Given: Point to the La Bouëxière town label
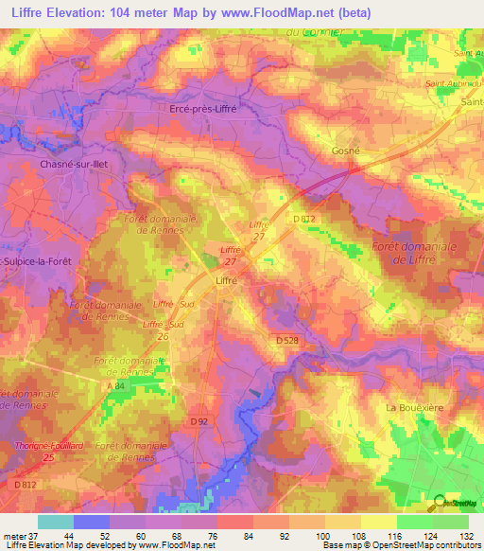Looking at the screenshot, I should [x=414, y=406].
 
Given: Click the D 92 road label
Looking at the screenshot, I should [x=199, y=421].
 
